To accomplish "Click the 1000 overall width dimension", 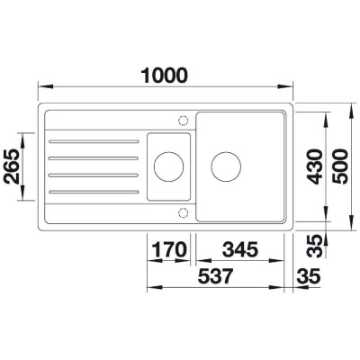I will (169, 76).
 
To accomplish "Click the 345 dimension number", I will (239, 247).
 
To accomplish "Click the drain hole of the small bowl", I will (167, 166).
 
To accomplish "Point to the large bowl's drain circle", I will (225, 166).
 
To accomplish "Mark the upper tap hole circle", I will (184, 119).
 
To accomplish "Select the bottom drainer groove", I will (90, 191).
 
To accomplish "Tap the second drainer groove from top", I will (90, 158).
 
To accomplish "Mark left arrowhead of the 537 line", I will (149, 292).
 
